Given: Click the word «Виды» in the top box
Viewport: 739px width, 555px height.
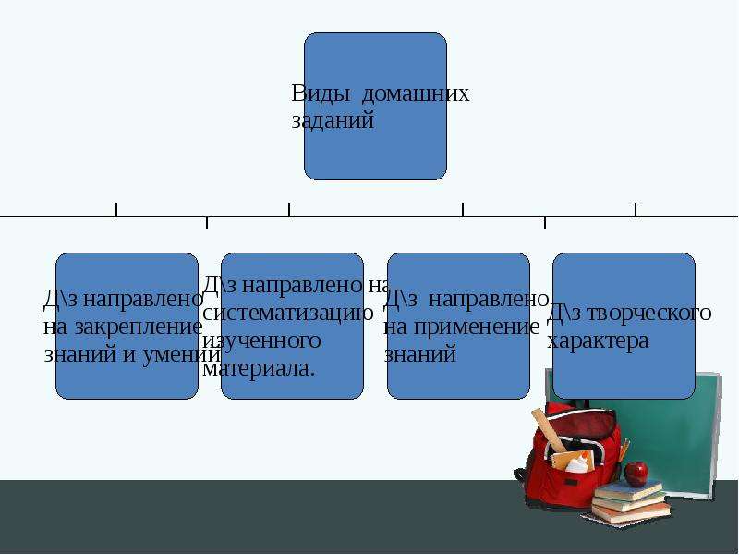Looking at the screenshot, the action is tap(321, 94).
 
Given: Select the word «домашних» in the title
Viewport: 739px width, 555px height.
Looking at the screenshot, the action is tap(415, 93).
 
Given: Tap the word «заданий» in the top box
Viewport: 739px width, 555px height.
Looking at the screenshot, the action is tap(333, 120).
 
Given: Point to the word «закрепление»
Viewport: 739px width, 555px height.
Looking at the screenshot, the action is tap(139, 327).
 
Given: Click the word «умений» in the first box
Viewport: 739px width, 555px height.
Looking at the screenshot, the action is tap(181, 354).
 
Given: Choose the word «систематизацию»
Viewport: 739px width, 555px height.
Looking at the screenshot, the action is tap(288, 313).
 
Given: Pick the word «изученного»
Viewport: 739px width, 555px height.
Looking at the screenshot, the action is tap(262, 340).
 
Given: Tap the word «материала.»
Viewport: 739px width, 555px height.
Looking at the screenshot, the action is tap(259, 367).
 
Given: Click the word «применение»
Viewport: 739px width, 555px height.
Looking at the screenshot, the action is tap(474, 327).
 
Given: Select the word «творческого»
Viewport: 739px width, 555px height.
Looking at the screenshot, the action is tap(650, 313).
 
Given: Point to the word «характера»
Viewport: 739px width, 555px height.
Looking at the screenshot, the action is tap(598, 340).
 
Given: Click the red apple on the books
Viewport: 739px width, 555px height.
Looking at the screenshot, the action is tap(636, 474).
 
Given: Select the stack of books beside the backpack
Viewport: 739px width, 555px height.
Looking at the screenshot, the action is tap(629, 502).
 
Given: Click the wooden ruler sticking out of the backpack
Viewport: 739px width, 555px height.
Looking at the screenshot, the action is tap(550, 430).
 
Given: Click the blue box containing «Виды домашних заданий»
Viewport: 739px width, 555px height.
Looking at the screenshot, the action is tap(376, 106).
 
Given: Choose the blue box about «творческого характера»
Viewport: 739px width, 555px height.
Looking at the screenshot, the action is tap(624, 327).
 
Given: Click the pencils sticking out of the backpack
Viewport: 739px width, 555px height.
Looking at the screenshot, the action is tap(624, 450).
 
